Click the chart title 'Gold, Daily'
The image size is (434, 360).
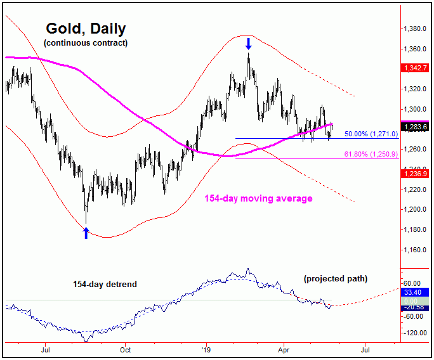coord(86,29)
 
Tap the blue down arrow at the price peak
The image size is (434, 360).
coord(249,44)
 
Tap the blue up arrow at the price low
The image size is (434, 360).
coord(86,233)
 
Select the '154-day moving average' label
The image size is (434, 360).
coord(258,198)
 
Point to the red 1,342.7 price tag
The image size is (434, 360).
coord(414,67)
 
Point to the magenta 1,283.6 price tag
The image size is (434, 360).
coord(414,126)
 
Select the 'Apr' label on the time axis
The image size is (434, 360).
coord(283,349)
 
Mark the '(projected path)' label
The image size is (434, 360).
coord(336,278)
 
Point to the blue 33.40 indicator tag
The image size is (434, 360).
coord(414,293)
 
